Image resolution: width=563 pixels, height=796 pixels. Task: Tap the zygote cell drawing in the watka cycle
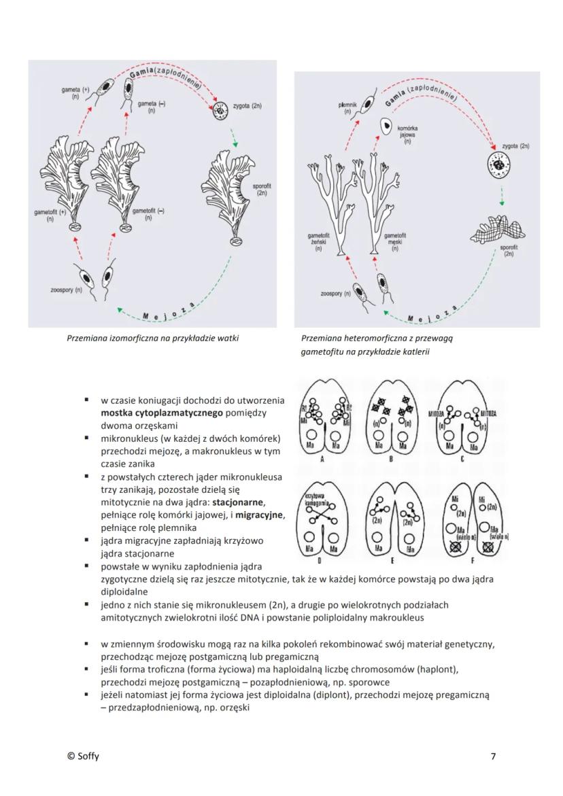(220, 110)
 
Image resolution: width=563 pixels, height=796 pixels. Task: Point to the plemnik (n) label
(347, 107)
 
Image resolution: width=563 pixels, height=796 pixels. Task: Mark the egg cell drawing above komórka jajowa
(386, 126)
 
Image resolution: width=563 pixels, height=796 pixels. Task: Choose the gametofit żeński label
(319, 241)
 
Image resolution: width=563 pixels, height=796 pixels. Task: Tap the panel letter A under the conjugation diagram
(319, 459)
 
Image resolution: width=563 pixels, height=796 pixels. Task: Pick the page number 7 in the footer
(493, 756)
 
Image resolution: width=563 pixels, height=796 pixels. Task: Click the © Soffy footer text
(83, 756)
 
